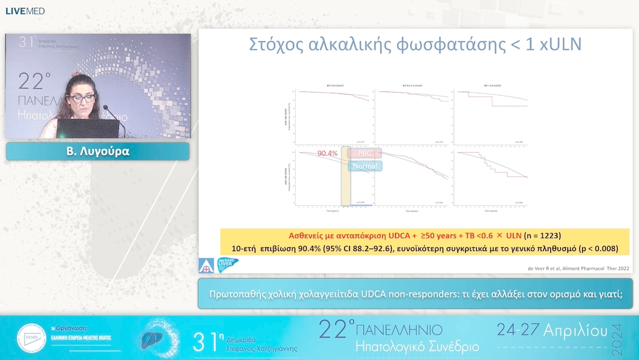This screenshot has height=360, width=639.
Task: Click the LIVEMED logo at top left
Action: coord(25,11)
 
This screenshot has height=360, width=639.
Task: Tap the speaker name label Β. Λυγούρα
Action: coord(98,152)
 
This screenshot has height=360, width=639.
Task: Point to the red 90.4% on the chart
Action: coord(327,153)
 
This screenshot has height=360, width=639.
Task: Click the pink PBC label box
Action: coord(364,153)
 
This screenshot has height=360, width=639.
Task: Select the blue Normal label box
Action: coord(364,166)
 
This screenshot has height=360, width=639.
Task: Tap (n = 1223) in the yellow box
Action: coord(534,235)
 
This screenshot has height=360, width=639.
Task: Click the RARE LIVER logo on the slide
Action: coord(228,264)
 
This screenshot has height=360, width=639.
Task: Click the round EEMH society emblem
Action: coord(31,338)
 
